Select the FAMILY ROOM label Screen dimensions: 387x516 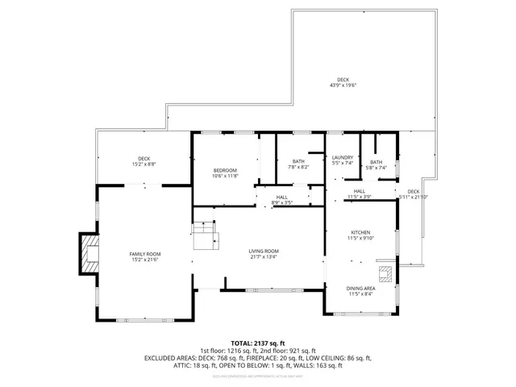pyautogui.click(x=145, y=254)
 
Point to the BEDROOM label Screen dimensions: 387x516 pyautogui.click(x=225, y=170)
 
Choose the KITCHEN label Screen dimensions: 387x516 pyautogui.click(x=360, y=231)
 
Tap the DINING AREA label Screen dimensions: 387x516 pyautogui.click(x=360, y=288)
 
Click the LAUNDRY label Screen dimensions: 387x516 pyautogui.click(x=343, y=157)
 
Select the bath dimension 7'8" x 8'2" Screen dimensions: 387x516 pyautogui.click(x=298, y=167)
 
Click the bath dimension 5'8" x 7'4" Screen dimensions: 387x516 pyautogui.click(x=377, y=168)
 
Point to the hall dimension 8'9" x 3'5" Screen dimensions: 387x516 pyautogui.click(x=281, y=202)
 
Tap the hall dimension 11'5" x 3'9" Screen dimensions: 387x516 pyautogui.click(x=360, y=196)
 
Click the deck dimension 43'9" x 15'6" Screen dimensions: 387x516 pyautogui.click(x=343, y=85)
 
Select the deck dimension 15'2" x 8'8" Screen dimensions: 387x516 pyautogui.click(x=144, y=164)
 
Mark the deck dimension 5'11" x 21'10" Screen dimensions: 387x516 pyautogui.click(x=414, y=197)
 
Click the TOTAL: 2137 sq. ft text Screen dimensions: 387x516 pyautogui.click(x=258, y=343)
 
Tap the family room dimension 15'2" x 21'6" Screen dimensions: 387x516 pyautogui.click(x=145, y=260)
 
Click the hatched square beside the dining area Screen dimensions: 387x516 pyautogui.click(x=388, y=272)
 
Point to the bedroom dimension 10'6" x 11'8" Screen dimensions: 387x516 pyautogui.click(x=225, y=176)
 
